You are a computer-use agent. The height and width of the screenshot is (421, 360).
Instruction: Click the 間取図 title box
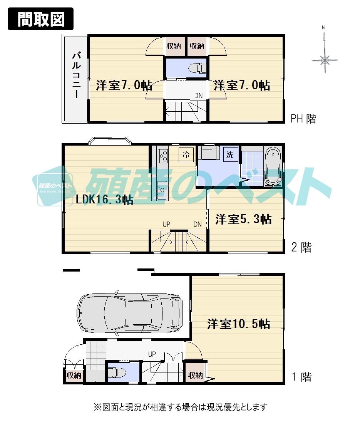(40, 19)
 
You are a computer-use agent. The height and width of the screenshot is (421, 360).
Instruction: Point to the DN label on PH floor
(198, 95)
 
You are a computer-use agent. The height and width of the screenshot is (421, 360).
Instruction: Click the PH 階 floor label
(303, 119)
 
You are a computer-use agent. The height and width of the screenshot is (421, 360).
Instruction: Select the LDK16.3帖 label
(104, 200)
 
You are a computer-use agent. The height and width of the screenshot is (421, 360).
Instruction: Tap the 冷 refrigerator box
(186, 155)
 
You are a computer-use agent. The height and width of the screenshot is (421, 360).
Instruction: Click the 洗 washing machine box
(230, 155)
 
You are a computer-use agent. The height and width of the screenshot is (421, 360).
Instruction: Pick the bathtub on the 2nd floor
(273, 167)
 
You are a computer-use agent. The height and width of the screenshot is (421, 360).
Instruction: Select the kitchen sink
(161, 189)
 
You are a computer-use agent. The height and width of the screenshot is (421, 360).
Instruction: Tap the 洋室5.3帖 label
(243, 219)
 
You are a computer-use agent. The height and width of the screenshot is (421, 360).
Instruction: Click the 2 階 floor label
(301, 247)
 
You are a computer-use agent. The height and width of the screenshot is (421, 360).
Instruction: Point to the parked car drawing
(129, 312)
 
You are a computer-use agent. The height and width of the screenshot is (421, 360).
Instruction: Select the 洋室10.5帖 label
(238, 324)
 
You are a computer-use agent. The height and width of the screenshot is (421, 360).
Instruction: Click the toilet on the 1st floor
(117, 372)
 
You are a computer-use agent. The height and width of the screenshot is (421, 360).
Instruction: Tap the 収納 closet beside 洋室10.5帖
(195, 375)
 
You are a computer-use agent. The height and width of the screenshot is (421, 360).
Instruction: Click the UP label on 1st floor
(152, 353)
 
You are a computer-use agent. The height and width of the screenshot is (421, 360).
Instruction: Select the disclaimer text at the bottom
(180, 407)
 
